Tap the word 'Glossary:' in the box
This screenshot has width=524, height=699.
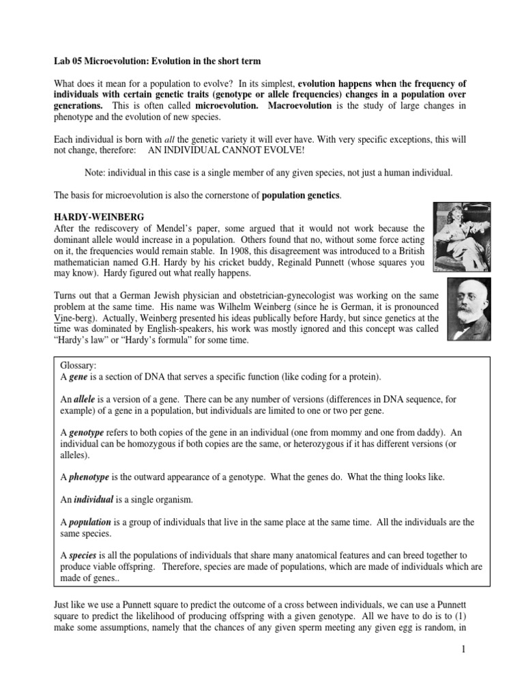(79, 366)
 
